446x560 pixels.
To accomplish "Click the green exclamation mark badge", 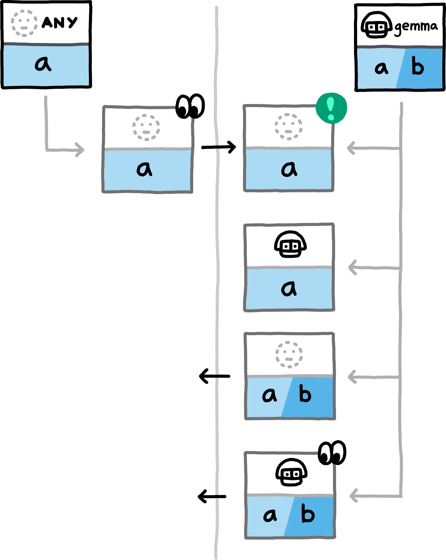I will [x=331, y=108].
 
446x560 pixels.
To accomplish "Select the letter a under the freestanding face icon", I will [x=43, y=64].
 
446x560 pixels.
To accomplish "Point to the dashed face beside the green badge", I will [x=289, y=127].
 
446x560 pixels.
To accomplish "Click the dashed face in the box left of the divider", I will [x=146, y=127].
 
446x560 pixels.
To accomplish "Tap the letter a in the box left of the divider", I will [x=144, y=169].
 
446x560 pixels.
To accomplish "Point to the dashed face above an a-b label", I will [x=289, y=355].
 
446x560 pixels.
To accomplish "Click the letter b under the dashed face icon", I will [x=305, y=394].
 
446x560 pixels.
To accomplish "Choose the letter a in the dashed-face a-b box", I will [x=269, y=395].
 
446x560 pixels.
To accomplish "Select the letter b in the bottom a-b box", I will [x=308, y=514].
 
